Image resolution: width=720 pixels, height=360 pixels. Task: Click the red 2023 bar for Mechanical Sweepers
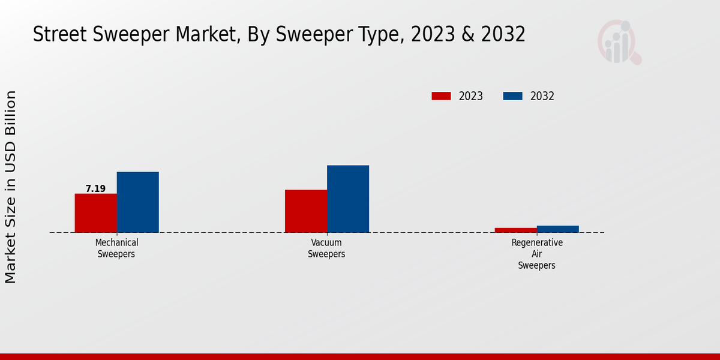tap(95, 213)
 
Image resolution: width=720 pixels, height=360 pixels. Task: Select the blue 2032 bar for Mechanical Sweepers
tap(137, 202)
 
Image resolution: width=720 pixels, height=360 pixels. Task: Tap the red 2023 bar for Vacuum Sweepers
tap(306, 211)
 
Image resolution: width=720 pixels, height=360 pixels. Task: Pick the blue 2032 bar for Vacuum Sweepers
tap(348, 199)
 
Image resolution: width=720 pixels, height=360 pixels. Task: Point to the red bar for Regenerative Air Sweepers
tap(516, 230)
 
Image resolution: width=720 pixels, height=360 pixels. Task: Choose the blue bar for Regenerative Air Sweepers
tap(558, 229)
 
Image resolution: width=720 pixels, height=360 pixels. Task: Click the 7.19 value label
tap(95, 189)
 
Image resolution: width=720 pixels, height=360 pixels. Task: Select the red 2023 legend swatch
tap(441, 96)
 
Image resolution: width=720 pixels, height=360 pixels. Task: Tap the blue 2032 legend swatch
tap(512, 96)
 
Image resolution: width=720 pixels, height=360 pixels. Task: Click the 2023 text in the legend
tap(471, 96)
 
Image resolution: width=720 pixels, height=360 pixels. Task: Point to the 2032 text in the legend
tap(542, 96)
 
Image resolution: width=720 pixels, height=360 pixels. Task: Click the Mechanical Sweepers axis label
tap(116, 248)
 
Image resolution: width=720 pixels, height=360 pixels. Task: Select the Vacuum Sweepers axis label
tap(326, 248)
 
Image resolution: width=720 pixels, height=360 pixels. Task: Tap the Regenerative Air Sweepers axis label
tap(537, 254)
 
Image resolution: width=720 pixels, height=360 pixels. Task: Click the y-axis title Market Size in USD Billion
tap(11, 187)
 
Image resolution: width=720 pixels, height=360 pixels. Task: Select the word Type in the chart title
tap(383, 35)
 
